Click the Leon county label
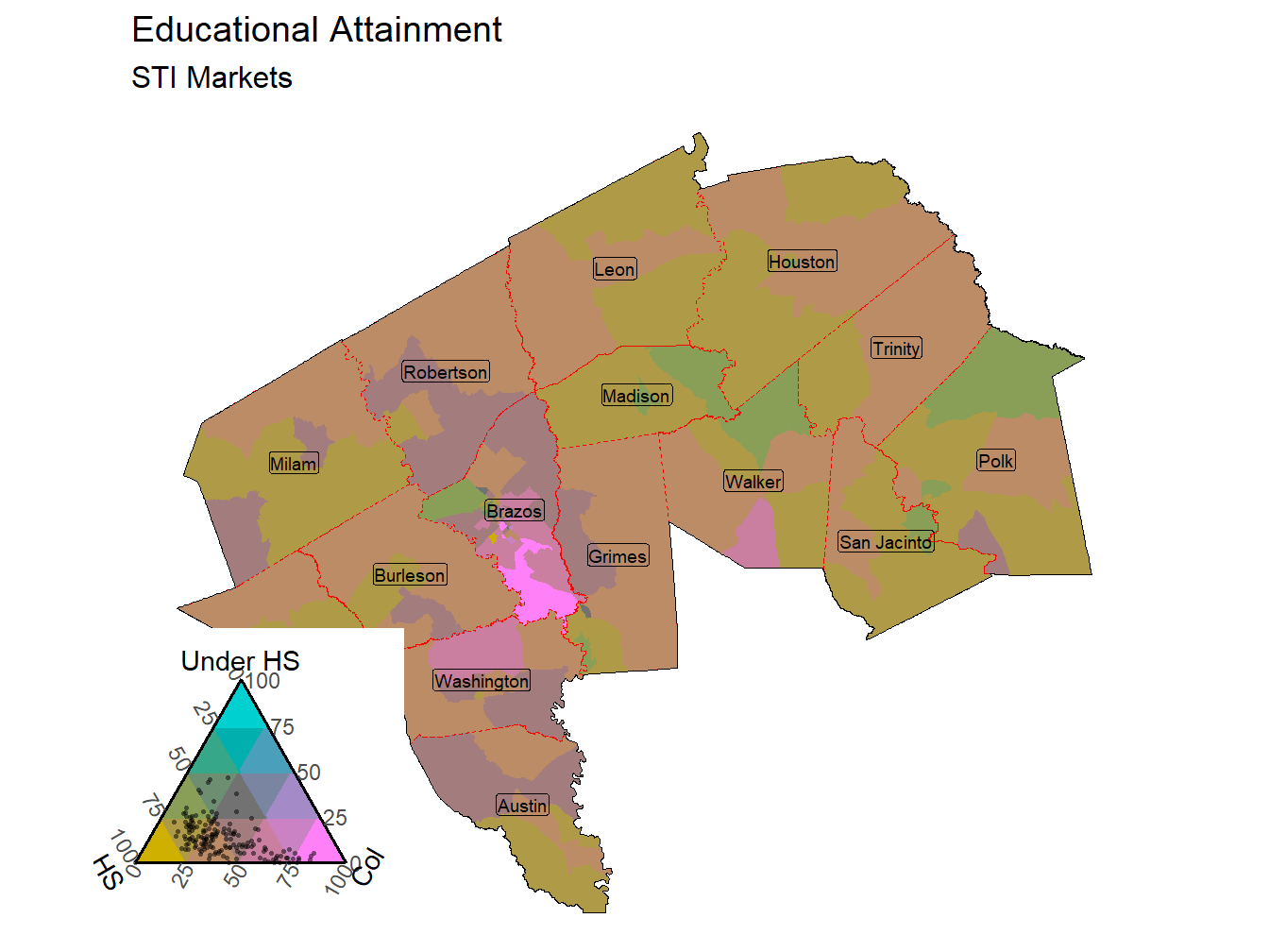(x=615, y=269)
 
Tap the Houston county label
(x=802, y=262)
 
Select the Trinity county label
(x=896, y=348)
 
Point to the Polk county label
(x=995, y=461)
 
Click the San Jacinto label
(x=886, y=542)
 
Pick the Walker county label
(x=753, y=482)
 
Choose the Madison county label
(x=636, y=396)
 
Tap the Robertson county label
(x=446, y=372)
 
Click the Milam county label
(x=294, y=464)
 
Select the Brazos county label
(x=515, y=511)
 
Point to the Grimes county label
(x=618, y=556)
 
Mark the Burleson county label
(x=410, y=575)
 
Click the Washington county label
(x=482, y=681)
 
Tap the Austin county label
(x=522, y=806)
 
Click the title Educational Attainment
(x=316, y=30)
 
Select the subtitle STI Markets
(x=211, y=77)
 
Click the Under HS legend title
(x=240, y=661)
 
